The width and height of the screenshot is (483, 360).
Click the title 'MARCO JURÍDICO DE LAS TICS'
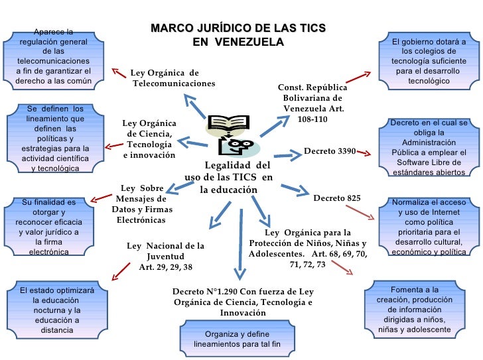click(x=238, y=29)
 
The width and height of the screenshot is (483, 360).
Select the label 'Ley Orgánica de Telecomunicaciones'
click(x=173, y=78)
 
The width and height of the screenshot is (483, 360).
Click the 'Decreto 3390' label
click(x=330, y=151)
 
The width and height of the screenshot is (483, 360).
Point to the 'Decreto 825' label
click(x=337, y=198)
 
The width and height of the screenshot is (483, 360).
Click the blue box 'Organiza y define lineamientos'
click(x=238, y=339)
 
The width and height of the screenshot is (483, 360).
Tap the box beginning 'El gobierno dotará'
click(x=429, y=62)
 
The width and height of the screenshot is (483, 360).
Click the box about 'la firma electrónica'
click(x=48, y=227)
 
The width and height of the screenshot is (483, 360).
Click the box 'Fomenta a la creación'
click(x=415, y=310)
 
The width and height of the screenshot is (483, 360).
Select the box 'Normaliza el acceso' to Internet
click(x=429, y=227)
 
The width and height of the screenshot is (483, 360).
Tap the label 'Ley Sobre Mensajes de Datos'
click(x=141, y=204)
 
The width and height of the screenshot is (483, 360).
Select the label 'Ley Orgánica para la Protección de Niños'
click(x=307, y=249)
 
